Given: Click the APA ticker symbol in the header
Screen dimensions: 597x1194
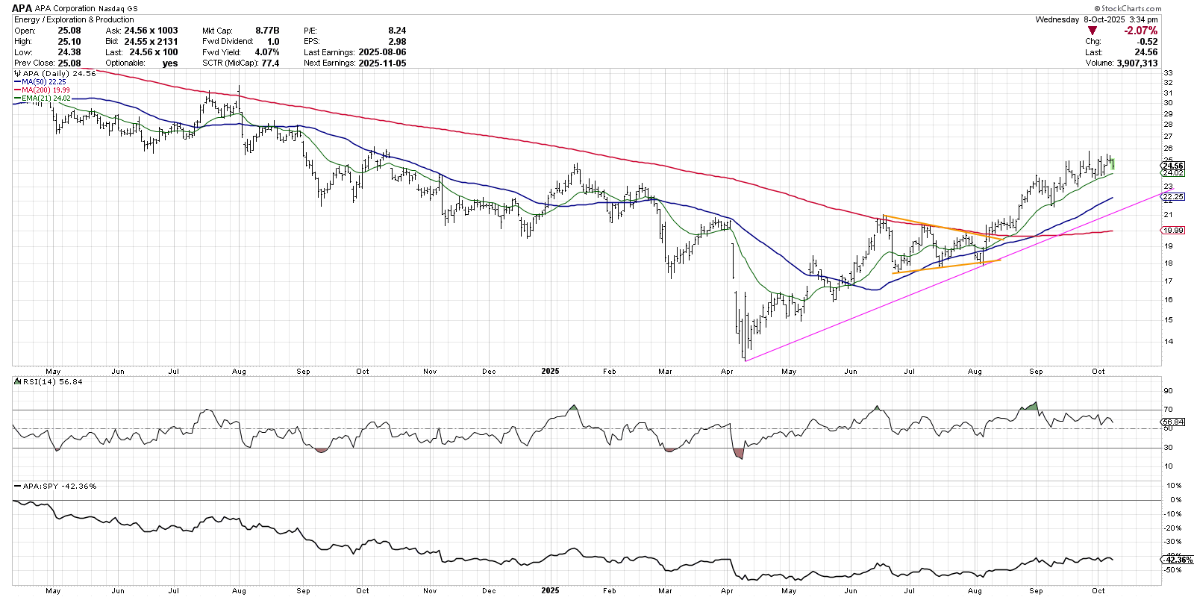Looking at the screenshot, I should [22, 8].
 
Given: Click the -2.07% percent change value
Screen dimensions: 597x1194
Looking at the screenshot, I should [1141, 31].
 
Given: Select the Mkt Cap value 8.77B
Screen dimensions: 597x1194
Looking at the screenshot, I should [267, 31].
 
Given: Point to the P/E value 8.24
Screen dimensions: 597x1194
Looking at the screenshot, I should [397, 31].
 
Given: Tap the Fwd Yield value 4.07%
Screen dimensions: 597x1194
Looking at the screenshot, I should [266, 52].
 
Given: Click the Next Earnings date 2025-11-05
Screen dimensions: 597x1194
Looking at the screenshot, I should [382, 63].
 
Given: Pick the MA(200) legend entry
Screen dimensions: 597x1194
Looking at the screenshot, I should [46, 90].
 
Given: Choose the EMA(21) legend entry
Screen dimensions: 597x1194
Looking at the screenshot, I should [46, 99].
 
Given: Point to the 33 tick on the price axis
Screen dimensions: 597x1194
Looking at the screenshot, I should [1168, 73].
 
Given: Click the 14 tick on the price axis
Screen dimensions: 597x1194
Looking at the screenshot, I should [1168, 342].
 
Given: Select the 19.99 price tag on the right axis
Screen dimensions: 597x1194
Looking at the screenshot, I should [1174, 230].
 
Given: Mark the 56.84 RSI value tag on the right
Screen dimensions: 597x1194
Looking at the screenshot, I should [1174, 422].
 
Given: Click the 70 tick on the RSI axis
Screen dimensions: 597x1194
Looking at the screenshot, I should [1168, 410].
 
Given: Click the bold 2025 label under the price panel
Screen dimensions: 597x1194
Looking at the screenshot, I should [550, 371].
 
